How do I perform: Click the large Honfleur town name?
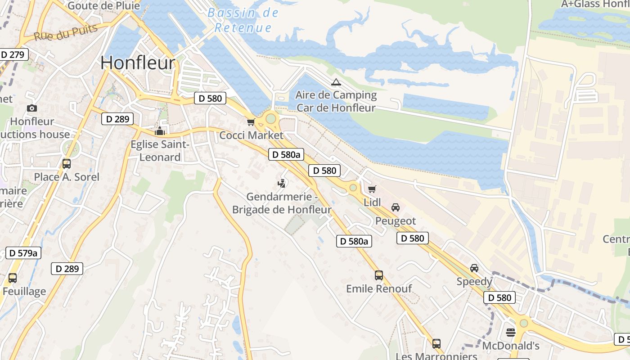click(x=138, y=63)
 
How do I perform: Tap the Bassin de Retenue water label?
click(x=243, y=20)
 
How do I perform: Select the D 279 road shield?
click(x=13, y=55)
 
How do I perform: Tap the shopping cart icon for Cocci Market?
click(x=251, y=122)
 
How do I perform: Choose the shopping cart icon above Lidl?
click(x=372, y=189)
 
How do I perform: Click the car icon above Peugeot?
click(x=396, y=207)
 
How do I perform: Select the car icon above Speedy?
click(x=474, y=268)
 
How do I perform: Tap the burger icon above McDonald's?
click(x=511, y=333)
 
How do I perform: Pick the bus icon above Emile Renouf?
click(x=379, y=275)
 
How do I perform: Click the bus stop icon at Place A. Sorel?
click(x=67, y=163)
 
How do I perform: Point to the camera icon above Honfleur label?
click(x=32, y=108)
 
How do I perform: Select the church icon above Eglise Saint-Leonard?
click(x=160, y=131)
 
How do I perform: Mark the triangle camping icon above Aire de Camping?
click(x=336, y=82)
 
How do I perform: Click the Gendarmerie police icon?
click(x=282, y=183)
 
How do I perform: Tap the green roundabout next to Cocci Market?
click(x=271, y=118)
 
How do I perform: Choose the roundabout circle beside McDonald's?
click(x=523, y=323)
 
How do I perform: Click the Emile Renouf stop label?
click(x=379, y=289)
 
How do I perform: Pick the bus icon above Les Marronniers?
click(x=436, y=343)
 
